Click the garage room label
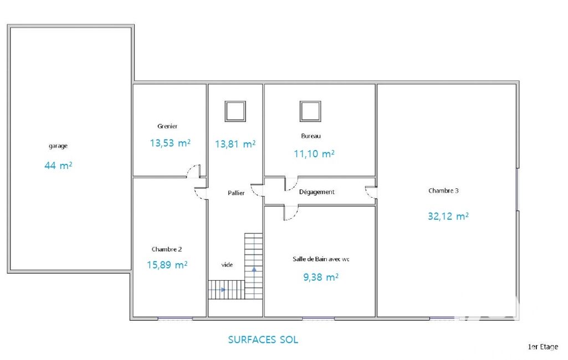(58, 146)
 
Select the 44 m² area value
(58, 166)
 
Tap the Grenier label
(167, 126)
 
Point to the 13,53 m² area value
(170, 143)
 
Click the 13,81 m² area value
(235, 144)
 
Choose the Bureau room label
(311, 136)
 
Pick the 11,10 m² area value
(314, 153)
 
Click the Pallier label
(236, 193)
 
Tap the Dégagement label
(316, 192)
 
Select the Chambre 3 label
(443, 191)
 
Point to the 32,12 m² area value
(448, 216)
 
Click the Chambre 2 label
(167, 249)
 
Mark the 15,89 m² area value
(167, 265)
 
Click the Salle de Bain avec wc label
(321, 259)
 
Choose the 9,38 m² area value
(321, 277)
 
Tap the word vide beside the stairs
(227, 265)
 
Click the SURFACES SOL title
(263, 340)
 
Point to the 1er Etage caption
(543, 347)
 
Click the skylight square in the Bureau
(310, 111)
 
